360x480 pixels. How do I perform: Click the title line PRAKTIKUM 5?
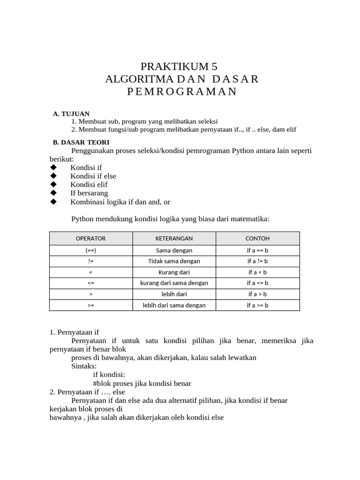(180, 66)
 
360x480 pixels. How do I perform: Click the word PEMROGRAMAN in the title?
(182, 91)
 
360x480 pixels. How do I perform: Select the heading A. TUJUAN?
(71, 113)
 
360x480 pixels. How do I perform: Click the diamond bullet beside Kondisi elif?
(53, 185)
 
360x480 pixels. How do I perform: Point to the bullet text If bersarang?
(89, 193)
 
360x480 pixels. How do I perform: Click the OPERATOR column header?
(90, 238)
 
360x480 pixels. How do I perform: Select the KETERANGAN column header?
(174, 238)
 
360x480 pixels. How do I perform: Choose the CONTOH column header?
(257, 238)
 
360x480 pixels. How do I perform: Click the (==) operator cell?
(90, 250)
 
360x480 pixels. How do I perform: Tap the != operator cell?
(90, 261)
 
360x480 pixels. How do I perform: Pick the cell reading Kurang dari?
(174, 272)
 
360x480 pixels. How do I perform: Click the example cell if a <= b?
(257, 283)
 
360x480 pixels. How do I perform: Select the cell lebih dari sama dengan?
(174, 305)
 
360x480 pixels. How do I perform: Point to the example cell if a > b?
(257, 294)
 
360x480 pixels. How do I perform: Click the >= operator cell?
(90, 305)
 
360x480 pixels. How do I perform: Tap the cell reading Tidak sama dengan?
(174, 261)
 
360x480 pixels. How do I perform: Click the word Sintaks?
(84, 366)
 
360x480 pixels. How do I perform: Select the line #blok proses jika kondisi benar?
(142, 383)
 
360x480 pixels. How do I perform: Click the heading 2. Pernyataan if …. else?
(88, 391)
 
